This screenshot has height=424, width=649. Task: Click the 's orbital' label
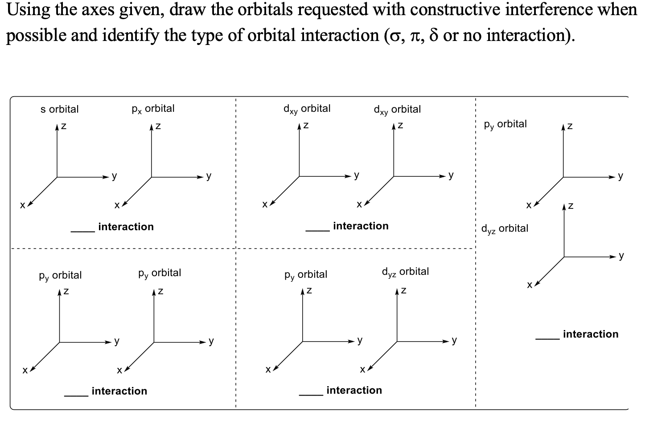point(59,109)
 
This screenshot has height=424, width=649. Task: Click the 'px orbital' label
point(153,109)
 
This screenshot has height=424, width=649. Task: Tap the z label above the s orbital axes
point(64,126)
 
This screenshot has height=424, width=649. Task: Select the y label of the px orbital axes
point(209,176)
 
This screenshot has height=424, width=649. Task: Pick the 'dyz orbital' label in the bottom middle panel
point(405,272)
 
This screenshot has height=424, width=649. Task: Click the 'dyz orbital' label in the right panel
point(505,228)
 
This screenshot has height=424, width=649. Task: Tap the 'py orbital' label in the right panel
point(505,124)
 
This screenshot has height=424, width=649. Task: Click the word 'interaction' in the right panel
point(590,334)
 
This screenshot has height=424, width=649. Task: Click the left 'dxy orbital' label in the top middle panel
point(307,109)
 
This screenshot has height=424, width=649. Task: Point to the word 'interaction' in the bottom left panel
point(119,391)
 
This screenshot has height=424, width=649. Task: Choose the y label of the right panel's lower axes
point(621,256)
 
